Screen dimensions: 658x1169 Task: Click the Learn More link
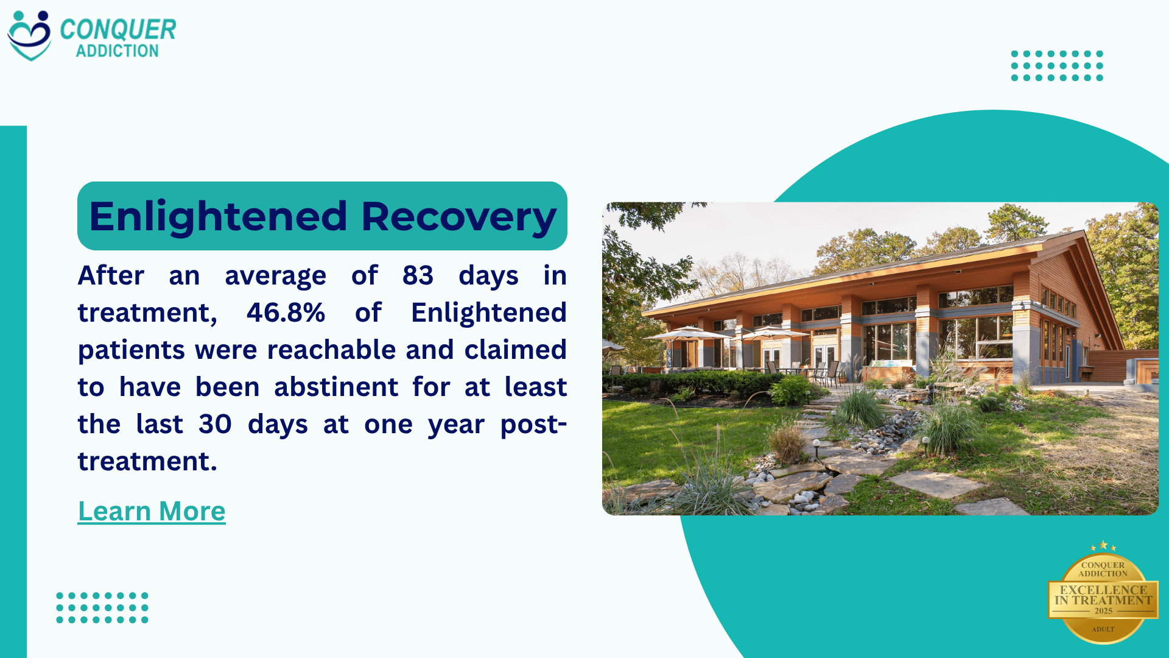pos(152,511)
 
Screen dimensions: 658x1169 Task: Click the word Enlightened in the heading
pos(218,217)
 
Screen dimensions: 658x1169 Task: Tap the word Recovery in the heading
pos(458,217)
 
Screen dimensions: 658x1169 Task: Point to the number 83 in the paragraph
pos(418,275)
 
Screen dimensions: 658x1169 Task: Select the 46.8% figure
pos(286,313)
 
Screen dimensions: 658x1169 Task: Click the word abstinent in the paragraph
pos(336,387)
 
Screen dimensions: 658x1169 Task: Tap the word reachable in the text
pos(332,350)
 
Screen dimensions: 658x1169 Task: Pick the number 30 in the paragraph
pos(215,424)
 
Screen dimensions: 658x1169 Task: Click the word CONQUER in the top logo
pos(118,29)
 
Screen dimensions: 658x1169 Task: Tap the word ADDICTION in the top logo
pos(117,51)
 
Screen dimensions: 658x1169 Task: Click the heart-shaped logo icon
pos(29,35)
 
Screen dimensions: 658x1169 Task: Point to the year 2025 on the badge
pos(1103,611)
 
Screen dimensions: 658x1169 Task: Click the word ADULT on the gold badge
pos(1103,629)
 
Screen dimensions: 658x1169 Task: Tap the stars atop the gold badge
pos(1103,546)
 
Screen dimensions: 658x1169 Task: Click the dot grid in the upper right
pos(1057,66)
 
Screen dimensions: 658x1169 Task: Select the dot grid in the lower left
pos(102,607)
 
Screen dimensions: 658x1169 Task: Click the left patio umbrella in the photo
pos(687,333)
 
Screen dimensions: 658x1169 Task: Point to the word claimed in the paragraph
pos(515,350)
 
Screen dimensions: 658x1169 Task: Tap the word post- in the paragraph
pos(533,424)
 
